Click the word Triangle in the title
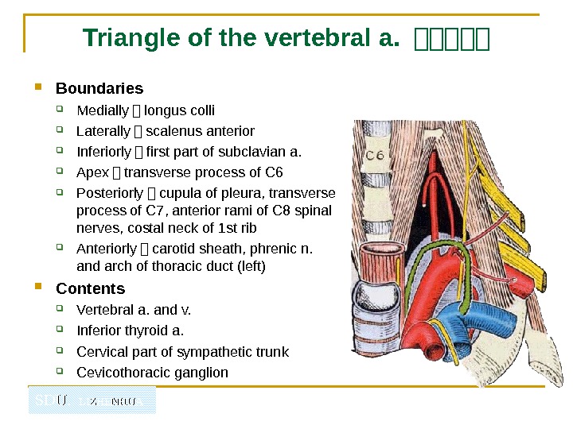coord(126,37)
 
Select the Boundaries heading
coord(99,88)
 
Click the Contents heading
coord(90,288)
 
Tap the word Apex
coord(90,172)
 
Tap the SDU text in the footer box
coord(51,400)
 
